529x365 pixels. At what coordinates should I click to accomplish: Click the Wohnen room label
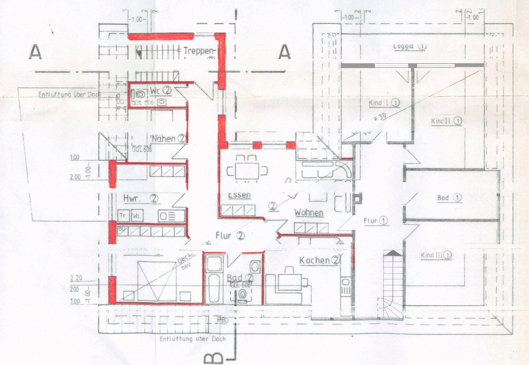[x=309, y=212]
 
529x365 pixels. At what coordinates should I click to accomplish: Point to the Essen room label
[x=239, y=195]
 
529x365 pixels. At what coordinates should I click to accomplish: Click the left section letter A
[x=36, y=52]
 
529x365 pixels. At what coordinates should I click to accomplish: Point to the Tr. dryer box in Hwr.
[x=123, y=216]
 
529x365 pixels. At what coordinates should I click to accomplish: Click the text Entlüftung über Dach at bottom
[x=192, y=339]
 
